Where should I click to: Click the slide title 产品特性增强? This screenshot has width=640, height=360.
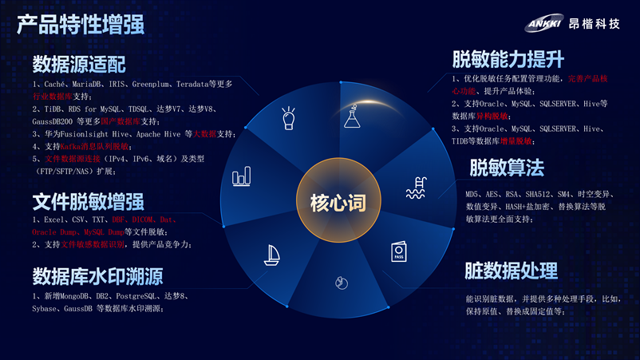[x=81, y=24]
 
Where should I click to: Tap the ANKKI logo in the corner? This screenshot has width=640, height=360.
[x=543, y=23]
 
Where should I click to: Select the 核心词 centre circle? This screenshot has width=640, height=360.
[x=338, y=202]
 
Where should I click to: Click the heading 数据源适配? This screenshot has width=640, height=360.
[x=79, y=64]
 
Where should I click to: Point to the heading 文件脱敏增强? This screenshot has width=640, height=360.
[x=88, y=200]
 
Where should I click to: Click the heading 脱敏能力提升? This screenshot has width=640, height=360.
[x=508, y=58]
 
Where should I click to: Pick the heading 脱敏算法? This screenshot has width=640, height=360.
[x=507, y=168]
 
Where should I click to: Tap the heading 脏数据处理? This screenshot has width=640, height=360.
[x=511, y=271]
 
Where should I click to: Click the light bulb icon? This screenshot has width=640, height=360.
[x=289, y=119]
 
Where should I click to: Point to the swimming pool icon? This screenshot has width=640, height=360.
[x=415, y=188]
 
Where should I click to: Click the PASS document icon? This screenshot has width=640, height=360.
[x=398, y=252]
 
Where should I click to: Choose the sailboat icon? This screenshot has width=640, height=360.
[x=271, y=255]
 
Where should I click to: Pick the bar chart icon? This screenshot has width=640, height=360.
[x=241, y=176]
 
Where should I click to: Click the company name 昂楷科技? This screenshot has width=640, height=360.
[x=594, y=24]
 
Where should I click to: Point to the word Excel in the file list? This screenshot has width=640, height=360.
[x=53, y=220]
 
